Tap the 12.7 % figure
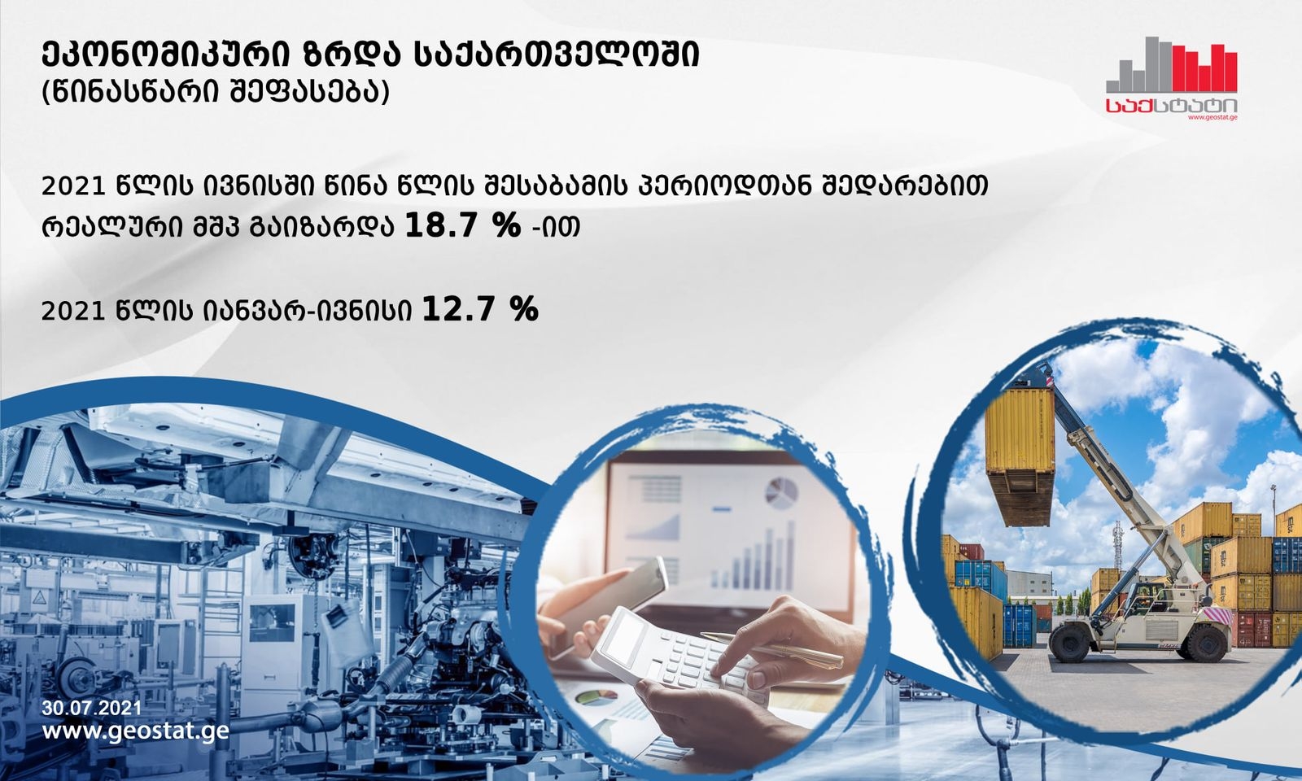[480, 310]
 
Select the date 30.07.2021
[92, 708]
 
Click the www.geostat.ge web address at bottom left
[135, 731]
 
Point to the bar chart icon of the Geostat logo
[1171, 65]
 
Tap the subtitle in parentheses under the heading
[216, 93]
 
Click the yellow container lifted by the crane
[1020, 456]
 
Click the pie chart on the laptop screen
[780, 492]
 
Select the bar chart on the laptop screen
[754, 555]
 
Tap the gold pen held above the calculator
[772, 649]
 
